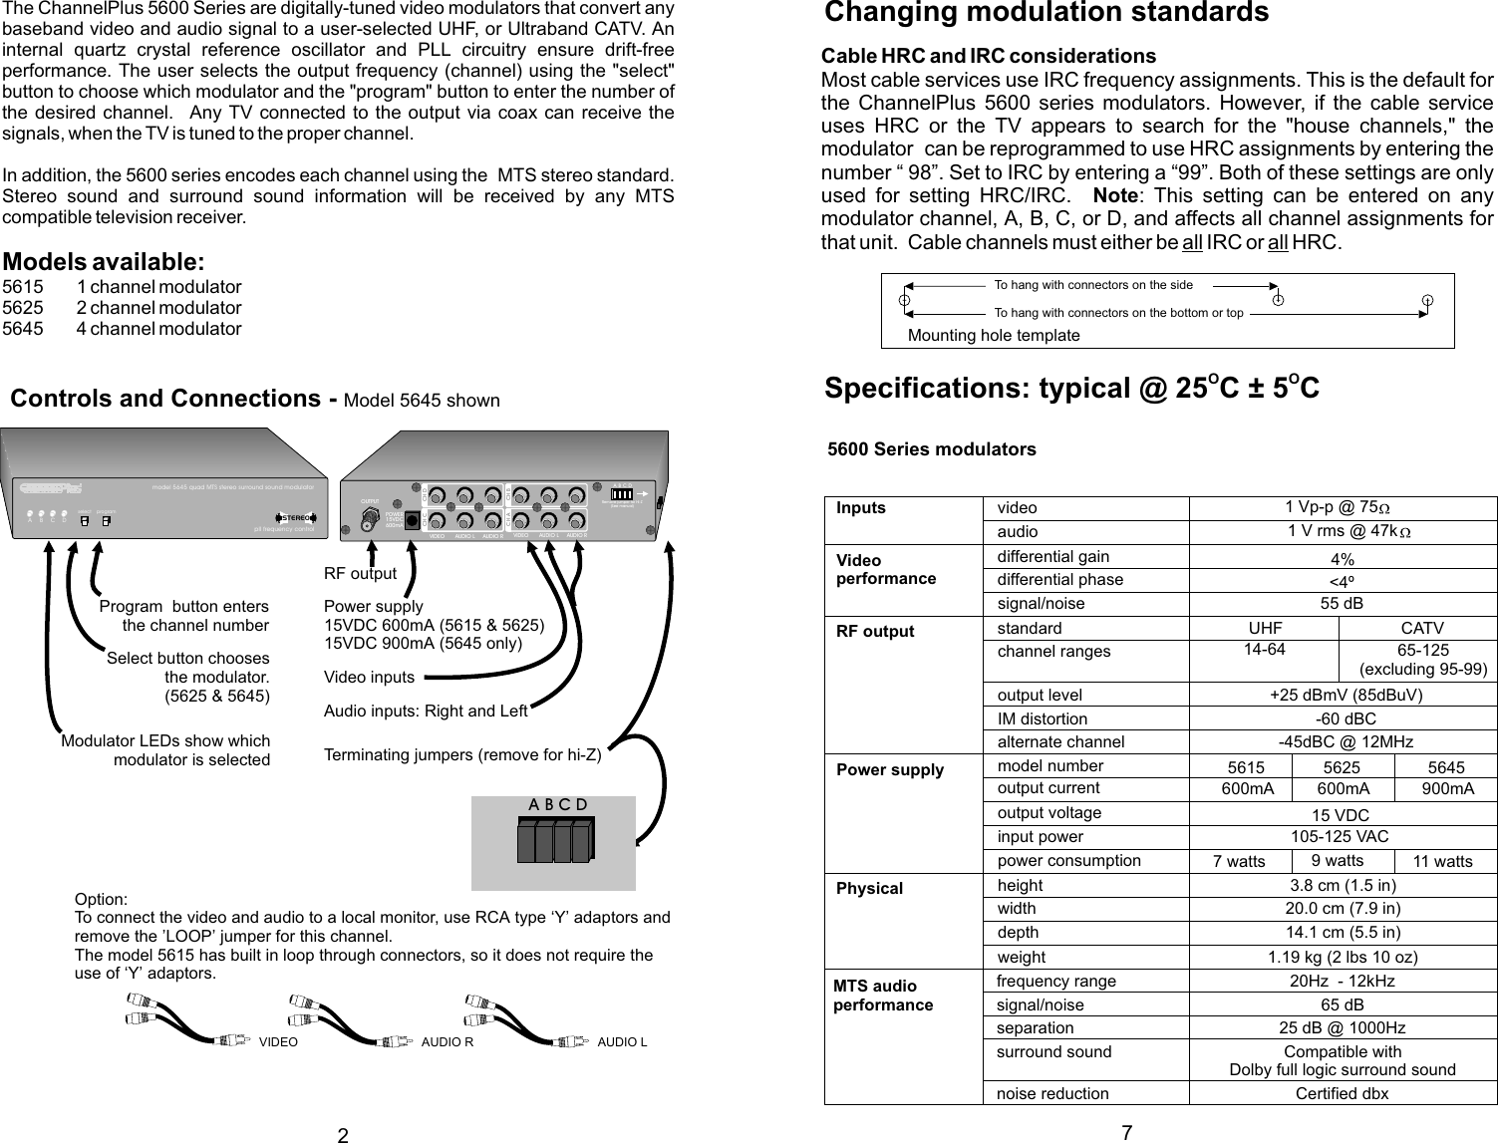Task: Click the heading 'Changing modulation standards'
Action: (1047, 13)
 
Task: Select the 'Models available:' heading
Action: (104, 262)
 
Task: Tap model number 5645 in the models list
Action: (24, 329)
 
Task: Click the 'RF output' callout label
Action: (360, 574)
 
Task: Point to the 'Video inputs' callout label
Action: (369, 678)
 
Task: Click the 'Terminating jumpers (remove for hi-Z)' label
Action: (462, 755)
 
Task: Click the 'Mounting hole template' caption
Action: (994, 335)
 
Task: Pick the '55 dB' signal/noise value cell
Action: (1342, 604)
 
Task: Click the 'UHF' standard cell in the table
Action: (1265, 629)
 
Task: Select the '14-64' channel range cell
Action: (1264, 650)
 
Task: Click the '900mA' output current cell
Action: (1447, 789)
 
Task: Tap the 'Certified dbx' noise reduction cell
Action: (1342, 1094)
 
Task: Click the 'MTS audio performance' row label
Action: (883, 996)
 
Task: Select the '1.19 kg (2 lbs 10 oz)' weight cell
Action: (1342, 958)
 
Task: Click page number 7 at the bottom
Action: (1126, 1132)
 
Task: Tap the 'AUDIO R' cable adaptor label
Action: (447, 1042)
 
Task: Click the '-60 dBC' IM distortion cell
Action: (1342, 719)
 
